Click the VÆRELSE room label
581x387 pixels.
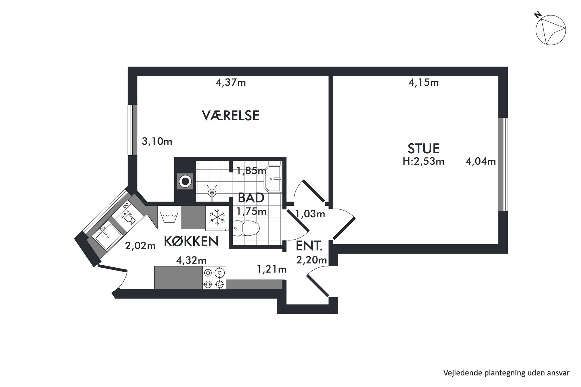tap(230, 116)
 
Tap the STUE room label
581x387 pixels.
tap(423, 149)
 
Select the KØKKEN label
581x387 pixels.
tap(191, 241)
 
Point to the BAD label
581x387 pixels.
tap(251, 198)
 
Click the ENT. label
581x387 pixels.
tap(309, 246)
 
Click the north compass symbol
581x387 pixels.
tap(550, 30)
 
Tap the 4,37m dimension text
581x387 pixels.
tap(230, 83)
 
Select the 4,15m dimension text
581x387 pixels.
tap(423, 83)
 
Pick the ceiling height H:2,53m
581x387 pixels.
tap(423, 161)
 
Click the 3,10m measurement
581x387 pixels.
tap(157, 142)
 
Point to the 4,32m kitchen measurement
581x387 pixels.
tap(191, 260)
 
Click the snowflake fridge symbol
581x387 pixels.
tap(217, 218)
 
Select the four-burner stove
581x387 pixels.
tap(214, 278)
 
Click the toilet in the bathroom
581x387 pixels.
tap(246, 228)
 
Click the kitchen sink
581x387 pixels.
tap(107, 235)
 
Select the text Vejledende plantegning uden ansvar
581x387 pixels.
tap(506, 373)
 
